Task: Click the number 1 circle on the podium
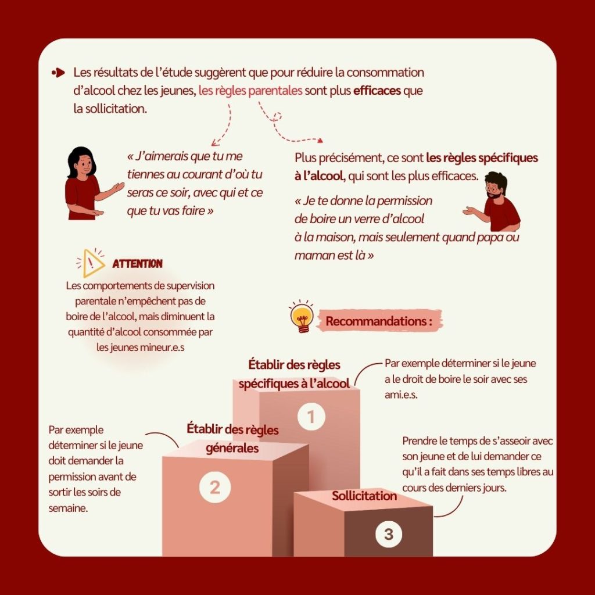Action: [x=311, y=417]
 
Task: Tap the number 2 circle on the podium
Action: [x=215, y=488]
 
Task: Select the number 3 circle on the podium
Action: [x=389, y=535]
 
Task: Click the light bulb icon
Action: [x=302, y=317]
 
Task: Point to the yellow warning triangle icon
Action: [x=91, y=263]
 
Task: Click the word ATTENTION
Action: [x=137, y=264]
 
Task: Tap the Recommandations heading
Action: [x=379, y=321]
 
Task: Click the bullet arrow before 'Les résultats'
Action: [x=58, y=73]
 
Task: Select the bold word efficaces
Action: [x=377, y=91]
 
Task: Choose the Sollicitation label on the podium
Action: [x=364, y=496]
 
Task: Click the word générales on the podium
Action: [x=232, y=449]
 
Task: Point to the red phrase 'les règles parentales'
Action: [x=250, y=91]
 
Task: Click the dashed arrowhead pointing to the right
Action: [x=320, y=141]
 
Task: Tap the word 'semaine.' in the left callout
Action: [x=69, y=508]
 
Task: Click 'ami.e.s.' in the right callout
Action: [x=401, y=395]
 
